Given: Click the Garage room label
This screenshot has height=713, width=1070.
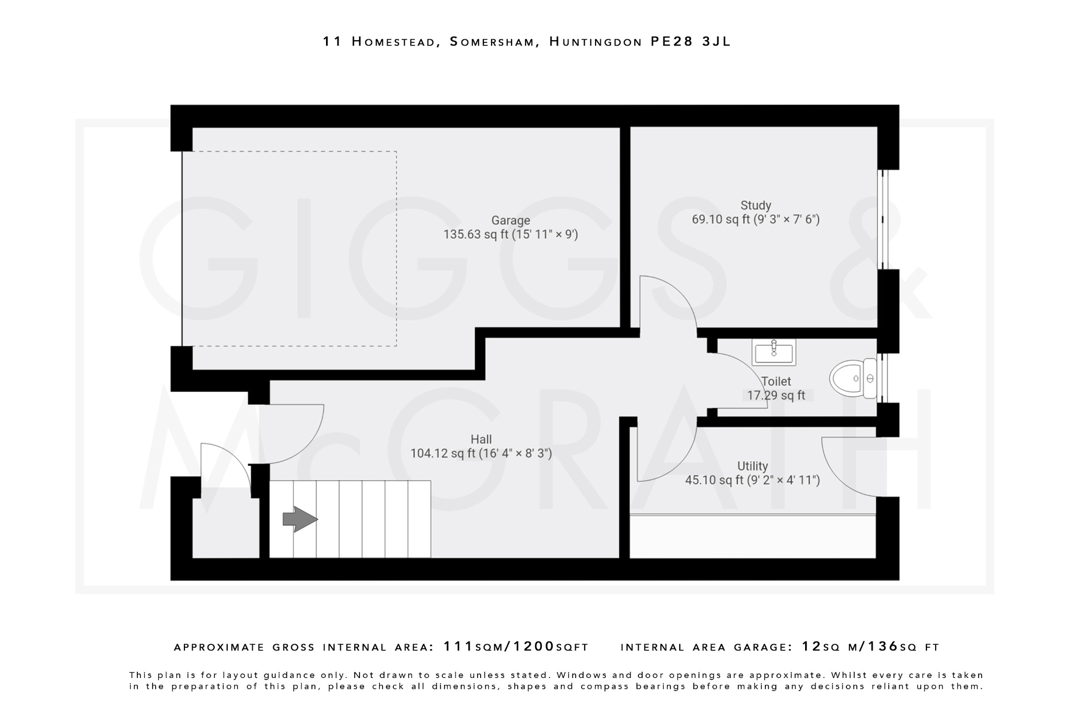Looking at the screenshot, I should coord(510,220).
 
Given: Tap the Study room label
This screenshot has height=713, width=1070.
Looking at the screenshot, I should coord(755,205).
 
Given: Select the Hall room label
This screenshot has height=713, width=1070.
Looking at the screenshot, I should coord(481,439).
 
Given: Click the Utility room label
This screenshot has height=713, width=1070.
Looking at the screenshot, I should coord(752,466).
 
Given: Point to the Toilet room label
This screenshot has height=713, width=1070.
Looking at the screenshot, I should coord(776,381).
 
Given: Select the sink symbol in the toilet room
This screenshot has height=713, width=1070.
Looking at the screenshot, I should coord(774,352).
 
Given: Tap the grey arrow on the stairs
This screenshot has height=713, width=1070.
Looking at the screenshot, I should coord(300,519).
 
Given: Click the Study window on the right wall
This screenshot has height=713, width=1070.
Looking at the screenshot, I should coord(882,219).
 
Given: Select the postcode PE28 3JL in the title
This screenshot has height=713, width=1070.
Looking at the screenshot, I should coord(690,42).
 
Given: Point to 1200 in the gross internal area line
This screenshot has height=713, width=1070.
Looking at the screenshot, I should coord(534,647).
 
